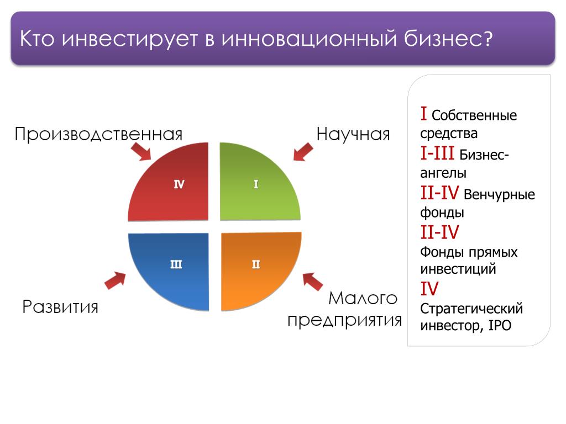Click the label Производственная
(98, 134)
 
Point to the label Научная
(353, 134)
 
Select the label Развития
(60, 307)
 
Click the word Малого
(363, 298)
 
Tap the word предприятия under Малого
(344, 320)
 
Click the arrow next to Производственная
(141, 151)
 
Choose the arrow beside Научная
(303, 151)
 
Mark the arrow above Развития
(115, 280)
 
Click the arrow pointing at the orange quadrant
(313, 282)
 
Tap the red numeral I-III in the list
(437, 153)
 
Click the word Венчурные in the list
(499, 195)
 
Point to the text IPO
(500, 325)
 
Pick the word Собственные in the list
(474, 115)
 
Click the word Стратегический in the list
(471, 309)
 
